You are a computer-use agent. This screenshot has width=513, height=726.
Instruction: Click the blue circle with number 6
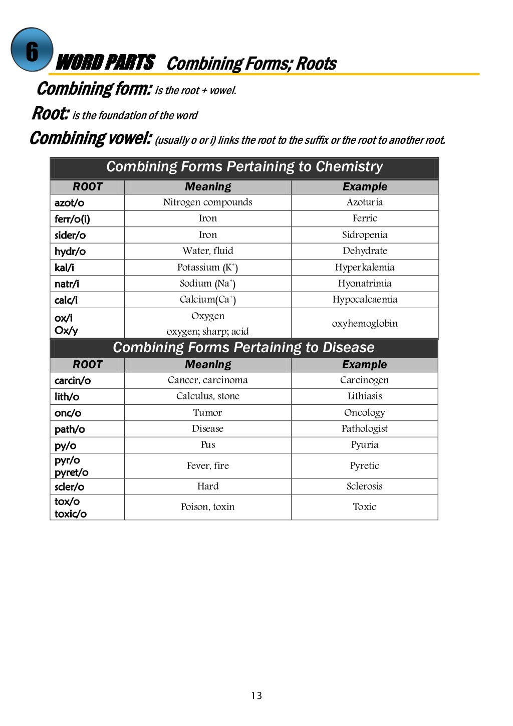32,50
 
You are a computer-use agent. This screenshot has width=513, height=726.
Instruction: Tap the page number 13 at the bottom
256,695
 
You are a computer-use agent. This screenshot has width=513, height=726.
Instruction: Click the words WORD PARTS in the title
105,63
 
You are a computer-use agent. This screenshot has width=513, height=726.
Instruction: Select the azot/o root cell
70,202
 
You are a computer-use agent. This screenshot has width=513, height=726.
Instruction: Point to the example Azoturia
365,202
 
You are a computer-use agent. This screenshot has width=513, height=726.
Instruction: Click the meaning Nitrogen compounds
207,202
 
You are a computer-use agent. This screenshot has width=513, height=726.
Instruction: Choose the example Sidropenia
365,234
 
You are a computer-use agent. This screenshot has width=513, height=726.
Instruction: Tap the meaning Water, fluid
207,251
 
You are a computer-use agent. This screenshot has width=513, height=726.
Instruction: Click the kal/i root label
64,268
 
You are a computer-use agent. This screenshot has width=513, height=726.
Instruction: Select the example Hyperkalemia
365,267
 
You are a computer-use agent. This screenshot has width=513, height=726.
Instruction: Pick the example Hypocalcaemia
365,299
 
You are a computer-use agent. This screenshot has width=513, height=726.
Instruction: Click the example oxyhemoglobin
365,323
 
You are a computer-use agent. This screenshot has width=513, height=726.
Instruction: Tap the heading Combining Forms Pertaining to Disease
243,347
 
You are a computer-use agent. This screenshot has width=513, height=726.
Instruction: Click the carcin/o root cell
73,380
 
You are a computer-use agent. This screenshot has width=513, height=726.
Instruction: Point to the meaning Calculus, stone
207,396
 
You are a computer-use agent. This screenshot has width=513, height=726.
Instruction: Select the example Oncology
365,412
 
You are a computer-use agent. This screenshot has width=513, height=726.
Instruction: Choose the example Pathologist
365,428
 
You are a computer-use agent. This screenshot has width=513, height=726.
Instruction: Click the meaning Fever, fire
207,465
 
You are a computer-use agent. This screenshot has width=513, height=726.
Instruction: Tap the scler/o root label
70,487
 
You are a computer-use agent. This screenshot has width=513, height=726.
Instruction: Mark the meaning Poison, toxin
207,507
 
